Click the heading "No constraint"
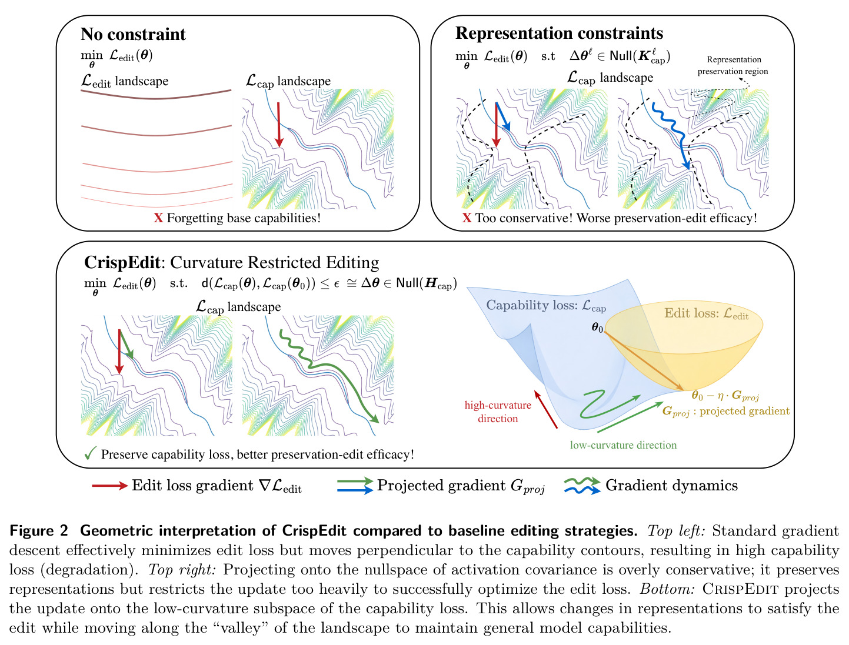click(x=133, y=34)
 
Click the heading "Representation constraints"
click(x=559, y=34)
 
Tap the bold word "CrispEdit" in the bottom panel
click(x=122, y=262)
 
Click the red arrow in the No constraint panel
click(x=278, y=125)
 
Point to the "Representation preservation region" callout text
click(x=733, y=65)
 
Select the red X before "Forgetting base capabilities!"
click(x=158, y=218)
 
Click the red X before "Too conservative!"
click(x=467, y=218)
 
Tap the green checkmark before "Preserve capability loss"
click(x=90, y=453)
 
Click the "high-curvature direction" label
click(x=497, y=412)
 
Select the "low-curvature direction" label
click(x=623, y=445)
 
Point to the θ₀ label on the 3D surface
click(x=597, y=327)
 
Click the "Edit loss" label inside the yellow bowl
click(x=706, y=313)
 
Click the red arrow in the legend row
click(x=110, y=486)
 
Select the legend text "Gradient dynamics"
click(x=671, y=486)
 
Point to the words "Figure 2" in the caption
click(x=39, y=531)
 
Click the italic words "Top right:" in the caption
click(x=181, y=570)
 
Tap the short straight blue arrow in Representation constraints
click(x=503, y=116)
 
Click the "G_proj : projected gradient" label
click(x=725, y=411)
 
